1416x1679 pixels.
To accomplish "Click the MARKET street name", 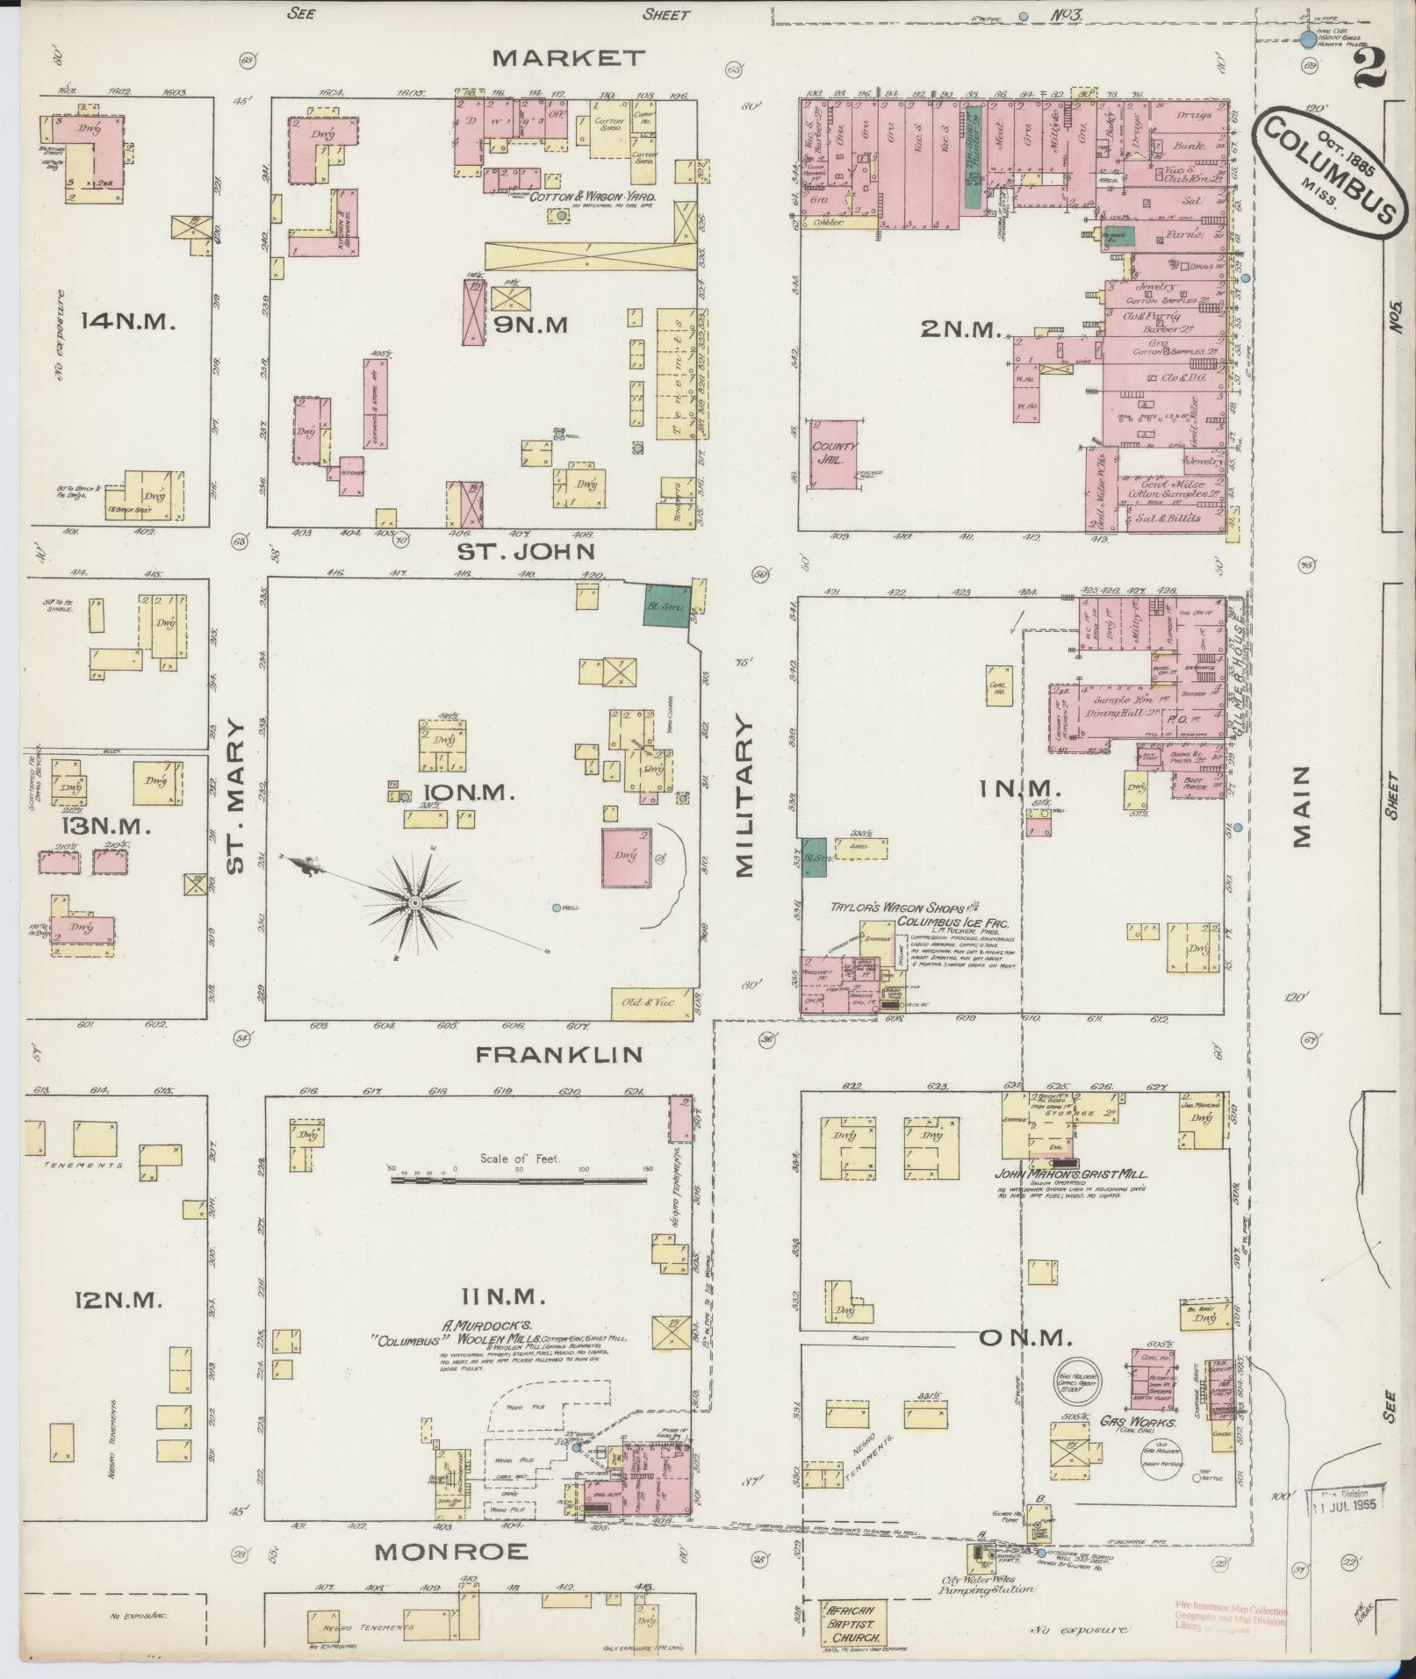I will coord(568,59).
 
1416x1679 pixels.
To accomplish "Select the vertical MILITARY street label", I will coord(744,797).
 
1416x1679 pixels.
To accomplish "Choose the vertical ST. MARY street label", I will coord(234,797).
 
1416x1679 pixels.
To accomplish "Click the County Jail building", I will coord(835,453).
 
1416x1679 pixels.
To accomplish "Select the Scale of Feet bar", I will coord(520,1180).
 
